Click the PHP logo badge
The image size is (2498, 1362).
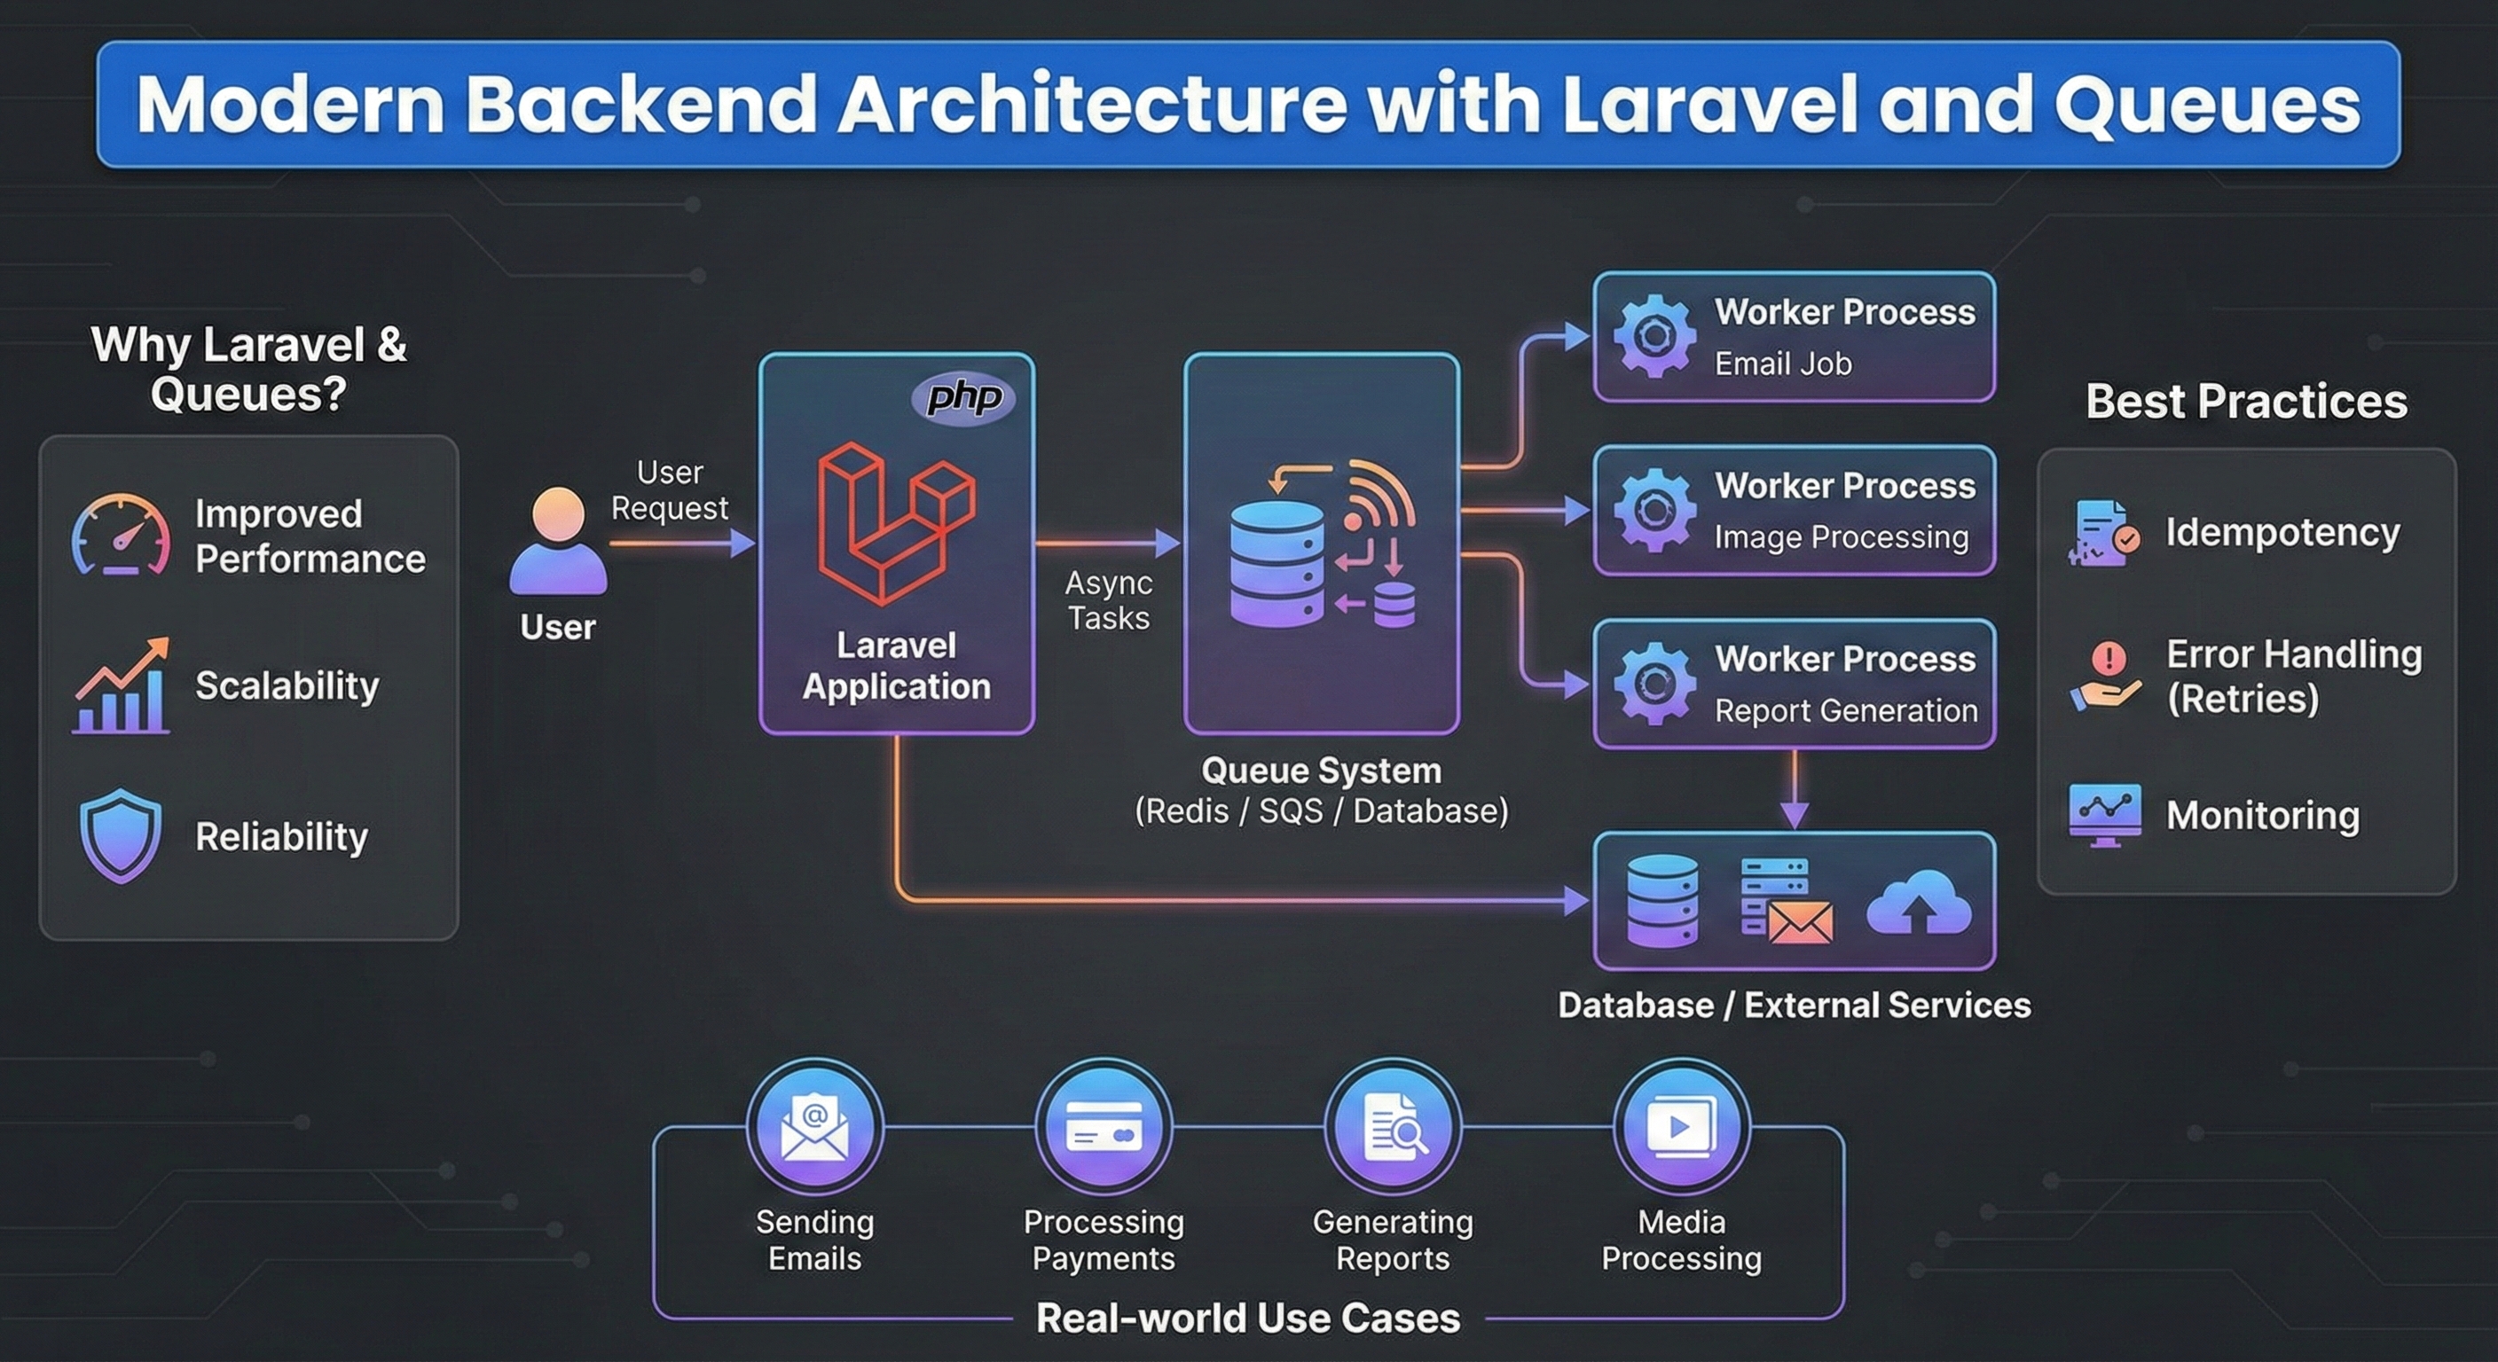click(x=963, y=397)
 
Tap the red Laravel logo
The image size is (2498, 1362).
click(x=895, y=522)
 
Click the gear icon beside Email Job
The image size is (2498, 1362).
click(x=1654, y=336)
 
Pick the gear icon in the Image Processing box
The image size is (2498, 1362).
click(x=1654, y=510)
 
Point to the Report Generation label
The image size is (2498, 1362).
click(x=1845, y=710)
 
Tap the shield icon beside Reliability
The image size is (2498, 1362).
click(x=121, y=834)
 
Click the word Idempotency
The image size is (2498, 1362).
click(x=2282, y=532)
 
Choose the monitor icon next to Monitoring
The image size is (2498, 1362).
click(x=2104, y=814)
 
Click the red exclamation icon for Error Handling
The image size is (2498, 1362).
click(x=2109, y=659)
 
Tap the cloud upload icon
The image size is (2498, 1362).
click(x=1917, y=903)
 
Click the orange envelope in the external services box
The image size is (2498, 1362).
click(x=1800, y=923)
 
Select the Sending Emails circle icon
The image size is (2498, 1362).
click(x=814, y=1126)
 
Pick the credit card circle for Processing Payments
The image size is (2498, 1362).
click(x=1104, y=1126)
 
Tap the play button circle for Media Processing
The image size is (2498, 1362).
click(x=1682, y=1126)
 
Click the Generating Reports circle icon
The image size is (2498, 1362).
click(x=1393, y=1126)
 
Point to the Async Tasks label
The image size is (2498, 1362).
click(x=1108, y=600)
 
